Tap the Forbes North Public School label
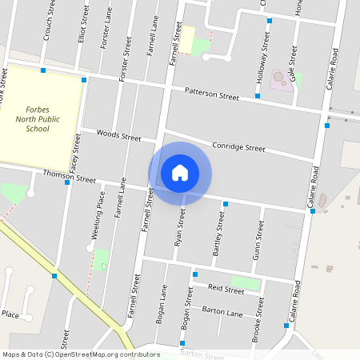[38, 118]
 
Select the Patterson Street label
[212, 94]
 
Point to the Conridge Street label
[238, 147]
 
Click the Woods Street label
[118, 135]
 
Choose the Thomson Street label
[69, 176]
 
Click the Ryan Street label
[181, 226]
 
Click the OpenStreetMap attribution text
[81, 354]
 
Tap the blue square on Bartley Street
[226, 205]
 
